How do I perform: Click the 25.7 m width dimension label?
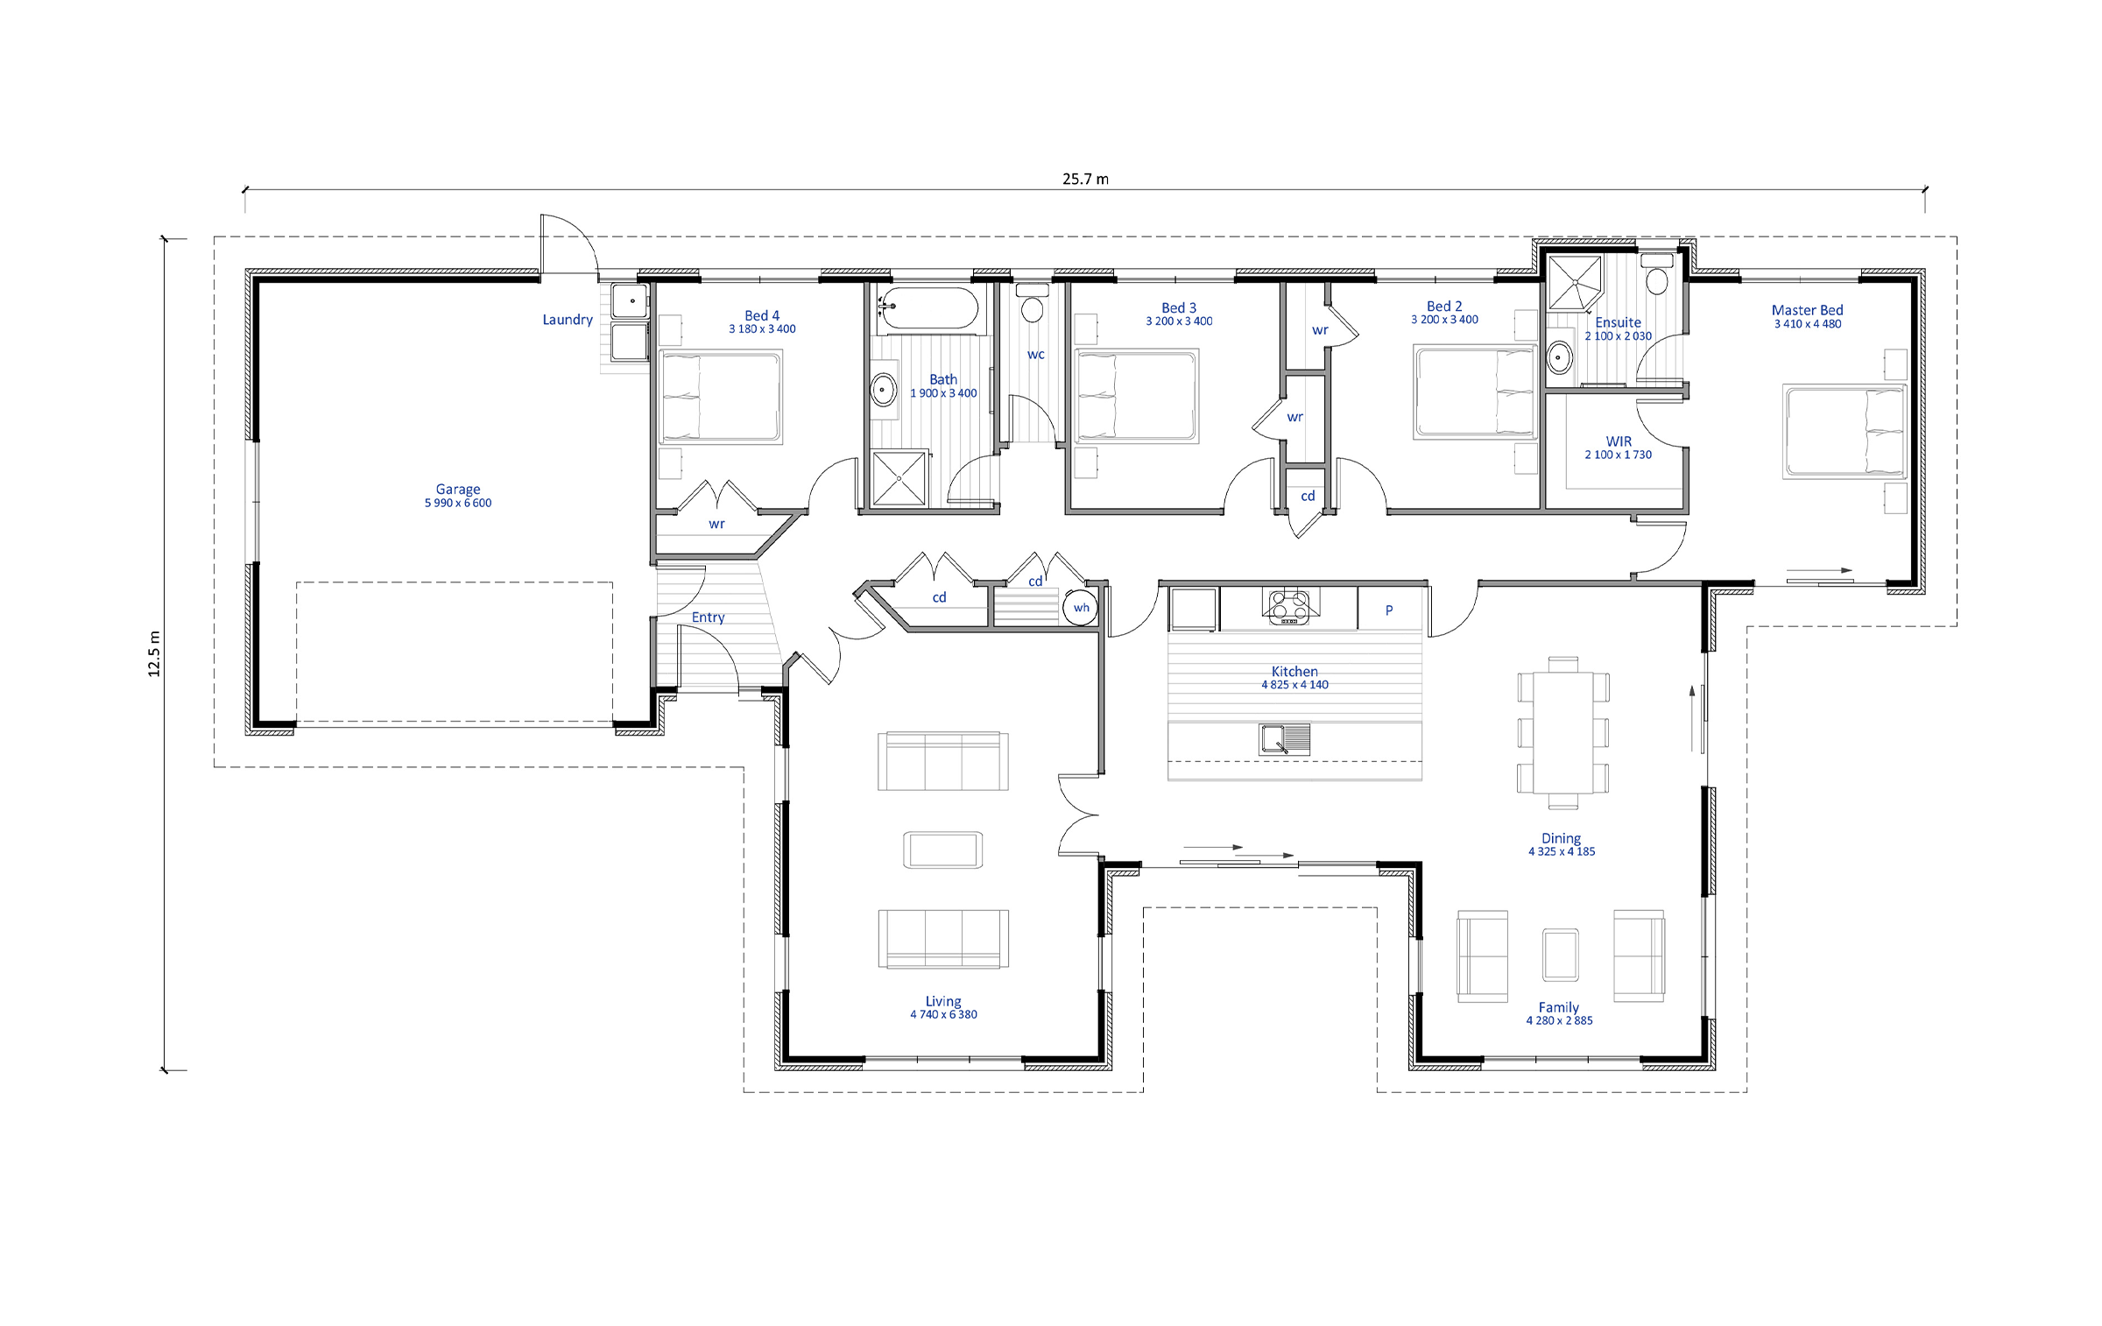click(1085, 179)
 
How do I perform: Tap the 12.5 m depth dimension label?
click(154, 653)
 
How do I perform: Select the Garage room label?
click(458, 490)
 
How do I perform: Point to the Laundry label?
click(568, 320)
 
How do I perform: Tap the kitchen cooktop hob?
click(1290, 606)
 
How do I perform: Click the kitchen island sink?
click(1285, 738)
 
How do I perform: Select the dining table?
click(1563, 733)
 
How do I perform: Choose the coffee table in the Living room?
click(943, 850)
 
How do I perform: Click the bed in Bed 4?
click(720, 397)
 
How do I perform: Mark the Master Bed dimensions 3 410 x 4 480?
click(1808, 324)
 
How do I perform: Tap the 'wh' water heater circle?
click(1081, 608)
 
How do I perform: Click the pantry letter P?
click(1389, 610)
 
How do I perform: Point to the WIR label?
click(1619, 441)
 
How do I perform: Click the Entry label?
click(709, 617)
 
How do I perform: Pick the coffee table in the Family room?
click(1561, 955)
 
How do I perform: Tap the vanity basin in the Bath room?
click(884, 388)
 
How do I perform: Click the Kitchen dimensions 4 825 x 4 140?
click(1294, 685)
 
